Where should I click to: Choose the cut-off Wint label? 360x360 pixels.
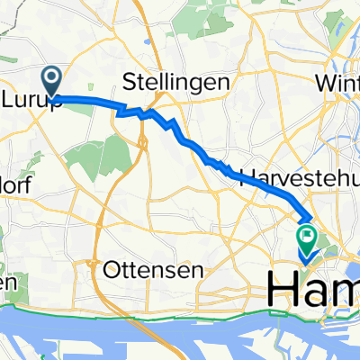point(338,82)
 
